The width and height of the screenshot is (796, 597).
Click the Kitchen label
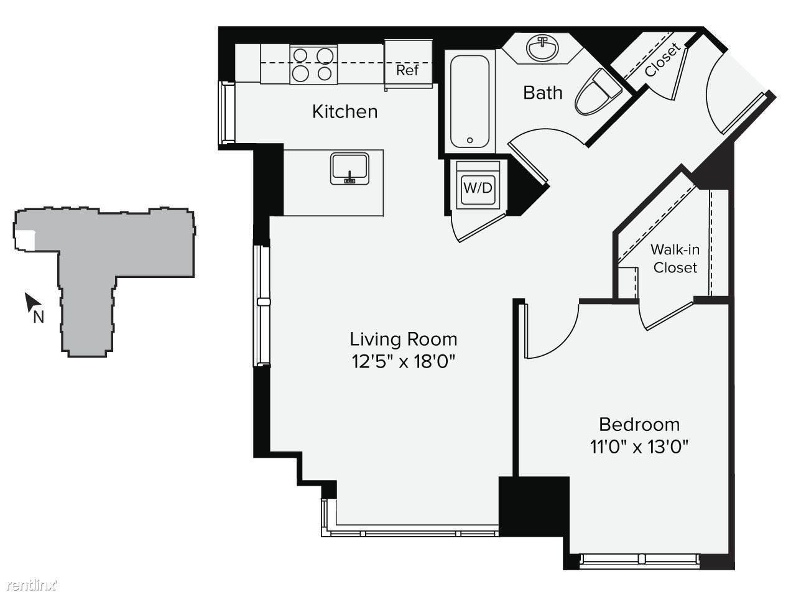point(345,112)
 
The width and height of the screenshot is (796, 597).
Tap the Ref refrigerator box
point(409,65)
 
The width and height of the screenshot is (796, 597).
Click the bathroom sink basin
point(542,49)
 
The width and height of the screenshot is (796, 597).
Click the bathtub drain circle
point(470,141)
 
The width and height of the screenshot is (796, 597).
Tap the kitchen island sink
point(349,169)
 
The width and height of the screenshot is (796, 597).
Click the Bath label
point(542,93)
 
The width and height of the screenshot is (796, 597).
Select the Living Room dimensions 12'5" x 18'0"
point(403,362)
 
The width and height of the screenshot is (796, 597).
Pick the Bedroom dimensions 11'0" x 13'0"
point(639,447)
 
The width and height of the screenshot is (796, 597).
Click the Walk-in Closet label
point(675,259)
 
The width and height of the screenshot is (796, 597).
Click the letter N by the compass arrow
point(39,318)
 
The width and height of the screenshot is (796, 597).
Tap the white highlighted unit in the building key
point(25,240)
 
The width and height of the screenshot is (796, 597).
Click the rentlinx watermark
point(32,585)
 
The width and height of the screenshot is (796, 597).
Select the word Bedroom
point(639,425)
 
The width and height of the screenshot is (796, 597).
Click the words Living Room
point(403,340)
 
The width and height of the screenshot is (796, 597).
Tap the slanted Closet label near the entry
point(662,60)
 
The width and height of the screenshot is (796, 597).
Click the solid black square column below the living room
point(534,506)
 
